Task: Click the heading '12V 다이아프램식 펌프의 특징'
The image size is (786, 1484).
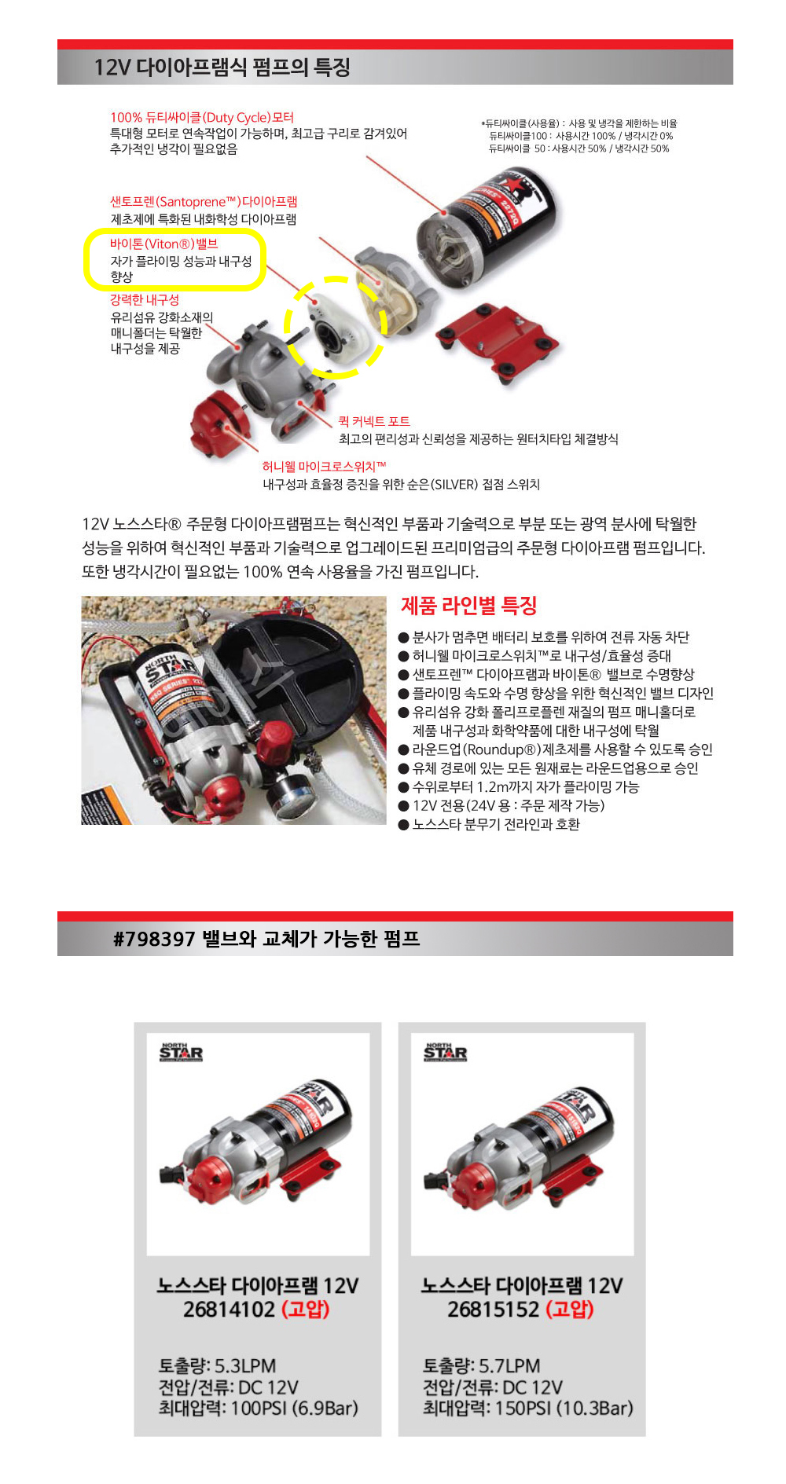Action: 222,68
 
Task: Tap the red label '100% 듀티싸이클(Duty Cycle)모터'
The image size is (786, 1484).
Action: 202,118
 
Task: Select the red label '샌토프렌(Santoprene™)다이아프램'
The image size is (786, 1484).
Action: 204,202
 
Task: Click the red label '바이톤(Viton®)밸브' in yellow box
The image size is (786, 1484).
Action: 164,244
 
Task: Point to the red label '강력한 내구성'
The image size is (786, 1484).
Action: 145,300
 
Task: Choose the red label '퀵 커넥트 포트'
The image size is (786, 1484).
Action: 374,422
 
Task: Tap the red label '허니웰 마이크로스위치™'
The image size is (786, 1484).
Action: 325,467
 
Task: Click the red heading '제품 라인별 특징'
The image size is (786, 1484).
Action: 469,606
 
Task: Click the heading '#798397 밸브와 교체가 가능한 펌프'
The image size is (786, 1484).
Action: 266,939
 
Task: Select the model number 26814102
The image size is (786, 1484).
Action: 229,1310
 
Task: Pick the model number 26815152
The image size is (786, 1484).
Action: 493,1310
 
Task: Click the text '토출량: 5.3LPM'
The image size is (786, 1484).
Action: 217,1365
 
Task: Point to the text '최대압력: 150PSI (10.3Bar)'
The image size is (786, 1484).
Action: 528,1408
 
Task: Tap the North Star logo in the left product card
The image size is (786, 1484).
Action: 182,1052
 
